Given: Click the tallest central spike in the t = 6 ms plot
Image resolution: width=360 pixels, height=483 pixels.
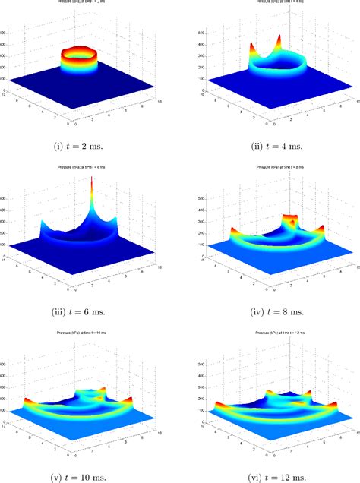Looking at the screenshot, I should tap(120, 190).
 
